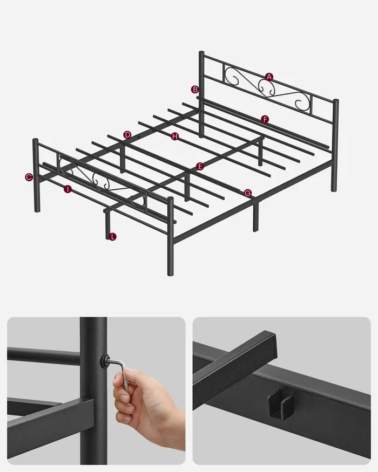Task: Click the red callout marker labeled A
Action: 269,77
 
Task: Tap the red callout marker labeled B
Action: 195,90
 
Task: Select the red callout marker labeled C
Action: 29,177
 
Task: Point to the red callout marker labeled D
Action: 127,135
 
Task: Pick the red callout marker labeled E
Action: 200,166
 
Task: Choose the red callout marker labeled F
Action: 265,120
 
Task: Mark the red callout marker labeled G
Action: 247,193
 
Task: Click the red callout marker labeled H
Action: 175,136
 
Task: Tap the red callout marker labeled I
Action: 67,189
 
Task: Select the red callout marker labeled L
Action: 112,237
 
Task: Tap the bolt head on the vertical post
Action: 105,360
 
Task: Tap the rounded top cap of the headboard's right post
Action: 335,101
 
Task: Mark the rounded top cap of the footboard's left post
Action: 35,141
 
